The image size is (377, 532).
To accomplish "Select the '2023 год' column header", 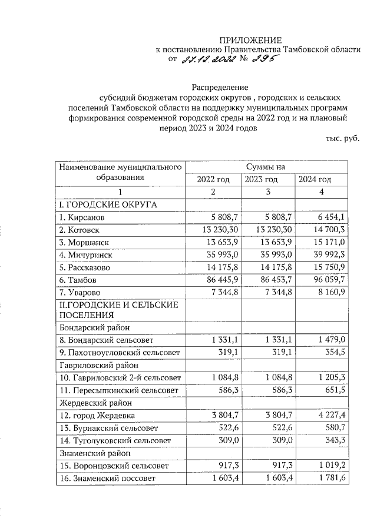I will (x=260, y=179).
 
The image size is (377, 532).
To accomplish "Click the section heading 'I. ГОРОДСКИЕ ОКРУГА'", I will (x=105, y=205).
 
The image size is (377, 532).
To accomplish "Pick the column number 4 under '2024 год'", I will (x=321, y=192).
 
